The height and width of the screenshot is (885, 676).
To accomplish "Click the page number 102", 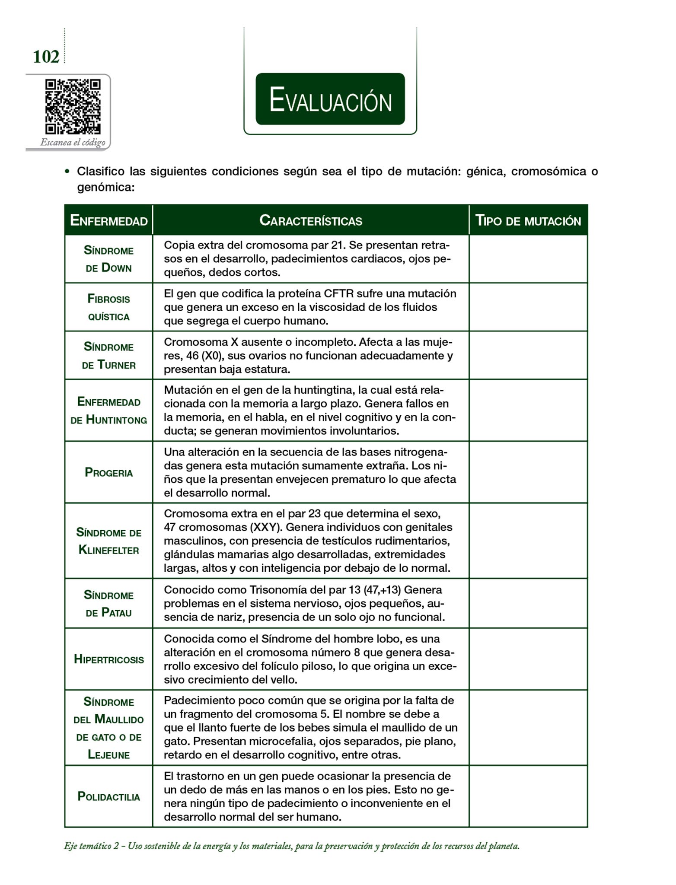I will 46,57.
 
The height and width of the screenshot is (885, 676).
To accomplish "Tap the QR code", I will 73,106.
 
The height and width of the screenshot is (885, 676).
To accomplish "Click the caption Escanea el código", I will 73,142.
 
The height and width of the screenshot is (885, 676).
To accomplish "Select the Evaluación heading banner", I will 330,99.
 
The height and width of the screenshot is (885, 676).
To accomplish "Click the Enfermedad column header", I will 108,220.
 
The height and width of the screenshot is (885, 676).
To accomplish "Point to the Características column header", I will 310,220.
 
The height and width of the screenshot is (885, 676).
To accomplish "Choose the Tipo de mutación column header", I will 528,220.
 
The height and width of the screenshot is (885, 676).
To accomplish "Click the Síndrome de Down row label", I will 108,259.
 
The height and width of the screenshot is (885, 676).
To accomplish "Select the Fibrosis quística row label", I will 108,307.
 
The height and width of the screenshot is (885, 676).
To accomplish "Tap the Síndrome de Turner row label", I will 108,356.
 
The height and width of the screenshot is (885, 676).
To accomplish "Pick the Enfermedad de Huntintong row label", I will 108,411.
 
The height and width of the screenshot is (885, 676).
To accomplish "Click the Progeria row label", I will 108,472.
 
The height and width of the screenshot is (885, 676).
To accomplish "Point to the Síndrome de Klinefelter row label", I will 108,541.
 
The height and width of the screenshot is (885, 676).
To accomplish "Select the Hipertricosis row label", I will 108,659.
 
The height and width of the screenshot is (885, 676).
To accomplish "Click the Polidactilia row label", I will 108,796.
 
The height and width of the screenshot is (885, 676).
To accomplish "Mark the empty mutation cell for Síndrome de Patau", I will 528,603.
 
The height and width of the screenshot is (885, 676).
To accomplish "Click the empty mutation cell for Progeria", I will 528,472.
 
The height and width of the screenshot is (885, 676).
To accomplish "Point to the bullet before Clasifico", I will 67,172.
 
